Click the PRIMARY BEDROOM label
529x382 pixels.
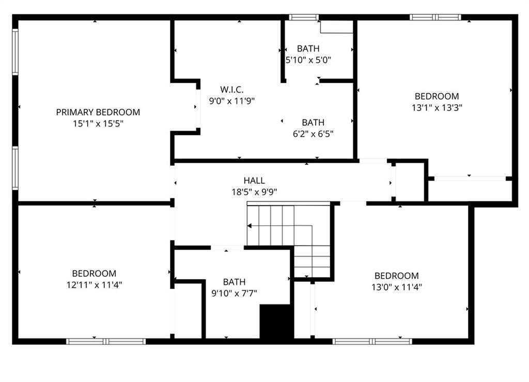pyautogui.click(x=98, y=112)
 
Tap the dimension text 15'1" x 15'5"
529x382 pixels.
pyautogui.click(x=98, y=124)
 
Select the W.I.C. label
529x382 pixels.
pyautogui.click(x=232, y=90)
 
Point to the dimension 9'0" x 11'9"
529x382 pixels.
pyautogui.click(x=232, y=101)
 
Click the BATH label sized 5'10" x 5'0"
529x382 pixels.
pyautogui.click(x=308, y=49)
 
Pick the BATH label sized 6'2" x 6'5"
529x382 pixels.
pyautogui.click(x=313, y=122)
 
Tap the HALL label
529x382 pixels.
pyautogui.click(x=254, y=180)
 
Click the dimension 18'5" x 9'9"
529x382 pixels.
pyautogui.click(x=254, y=192)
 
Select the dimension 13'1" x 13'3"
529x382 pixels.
pyautogui.click(x=437, y=107)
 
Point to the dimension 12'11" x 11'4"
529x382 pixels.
pyautogui.click(x=94, y=285)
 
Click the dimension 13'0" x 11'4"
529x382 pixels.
pyautogui.click(x=397, y=287)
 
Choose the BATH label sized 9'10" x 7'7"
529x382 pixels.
pyautogui.click(x=234, y=282)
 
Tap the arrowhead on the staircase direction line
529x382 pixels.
pyautogui.click(x=250, y=226)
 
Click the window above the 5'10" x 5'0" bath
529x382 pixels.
pyautogui.click(x=304, y=17)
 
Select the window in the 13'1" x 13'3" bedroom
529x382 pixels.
pyautogui.click(x=435, y=17)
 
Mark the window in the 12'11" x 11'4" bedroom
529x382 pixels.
pyautogui.click(x=106, y=342)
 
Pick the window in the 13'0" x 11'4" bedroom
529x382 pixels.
pyautogui.click(x=372, y=342)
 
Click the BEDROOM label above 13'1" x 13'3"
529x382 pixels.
pyautogui.click(x=437, y=97)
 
